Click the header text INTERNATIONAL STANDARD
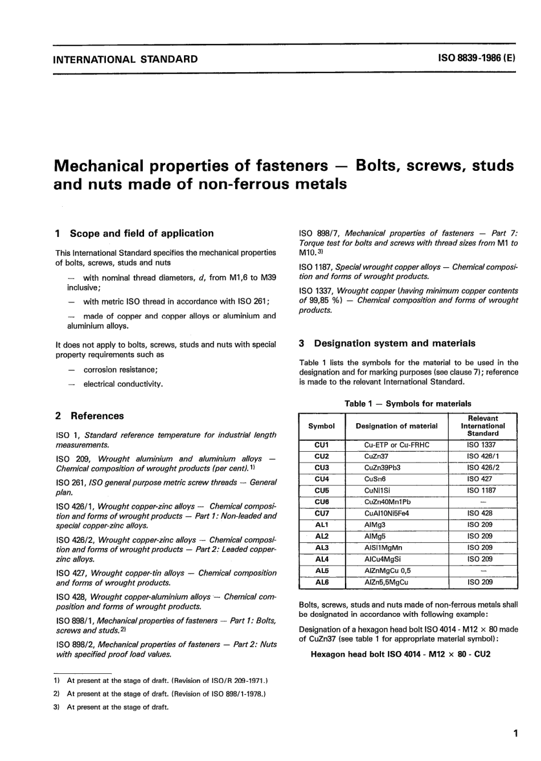[125, 59]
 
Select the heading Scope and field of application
[141, 233]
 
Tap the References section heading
[97, 416]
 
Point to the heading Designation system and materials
[395, 343]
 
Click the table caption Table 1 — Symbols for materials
[408, 403]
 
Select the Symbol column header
[321, 425]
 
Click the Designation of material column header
[396, 425]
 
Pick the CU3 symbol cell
[322, 468]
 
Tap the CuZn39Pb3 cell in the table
[383, 468]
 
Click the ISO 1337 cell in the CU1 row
[481, 445]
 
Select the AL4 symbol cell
[322, 559]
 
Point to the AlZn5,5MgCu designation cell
[386, 582]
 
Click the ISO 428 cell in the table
[479, 513]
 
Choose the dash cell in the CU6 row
[483, 502]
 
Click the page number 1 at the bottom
[515, 734]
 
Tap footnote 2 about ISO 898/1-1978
[165, 694]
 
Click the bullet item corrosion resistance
[120, 370]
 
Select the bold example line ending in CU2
[400, 654]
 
